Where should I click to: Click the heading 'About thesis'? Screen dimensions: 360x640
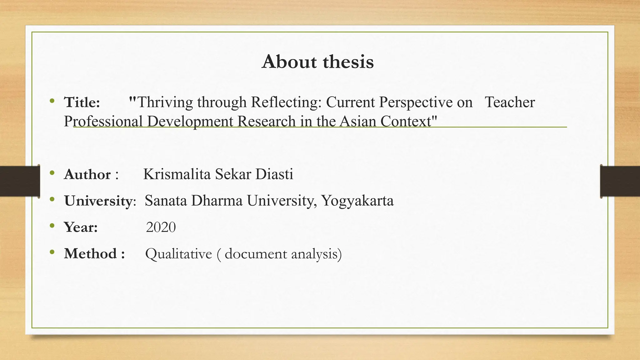pos(317,62)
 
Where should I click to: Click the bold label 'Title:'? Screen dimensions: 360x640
pos(82,102)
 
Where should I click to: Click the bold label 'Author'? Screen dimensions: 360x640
pos(87,174)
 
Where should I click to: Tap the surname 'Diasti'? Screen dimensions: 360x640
pos(274,174)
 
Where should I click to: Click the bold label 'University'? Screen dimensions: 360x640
pos(98,201)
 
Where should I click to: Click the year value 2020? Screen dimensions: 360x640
pos(161,227)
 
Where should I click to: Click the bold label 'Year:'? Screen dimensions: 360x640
pos(81,227)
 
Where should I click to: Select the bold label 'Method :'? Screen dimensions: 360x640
pos(94,253)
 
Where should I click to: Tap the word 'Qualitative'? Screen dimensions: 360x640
pos(178,253)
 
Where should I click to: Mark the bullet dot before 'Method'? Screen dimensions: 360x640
pos(52,252)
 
